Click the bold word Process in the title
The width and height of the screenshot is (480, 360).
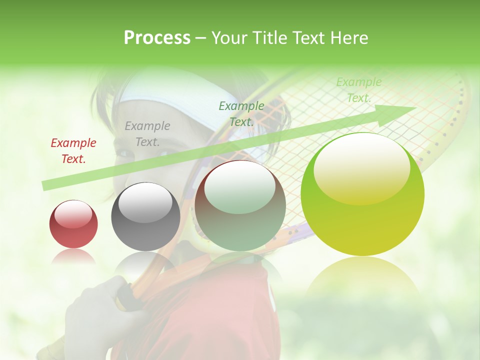(x=157, y=38)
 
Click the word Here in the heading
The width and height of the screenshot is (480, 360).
(x=348, y=38)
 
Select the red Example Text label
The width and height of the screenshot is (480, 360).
(x=73, y=151)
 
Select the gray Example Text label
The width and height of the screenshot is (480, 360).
(x=147, y=134)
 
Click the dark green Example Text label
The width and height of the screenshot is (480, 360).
(x=241, y=113)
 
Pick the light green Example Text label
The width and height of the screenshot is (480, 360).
(x=358, y=90)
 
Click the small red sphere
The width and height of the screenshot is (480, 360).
(x=73, y=224)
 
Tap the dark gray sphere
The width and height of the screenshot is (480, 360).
(x=145, y=216)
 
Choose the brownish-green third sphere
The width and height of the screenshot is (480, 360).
(x=240, y=205)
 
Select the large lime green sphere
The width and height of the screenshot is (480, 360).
(x=362, y=194)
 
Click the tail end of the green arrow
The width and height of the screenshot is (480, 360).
(x=44, y=185)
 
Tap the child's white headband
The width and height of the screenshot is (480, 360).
(x=165, y=92)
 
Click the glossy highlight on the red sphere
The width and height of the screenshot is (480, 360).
(x=73, y=214)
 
